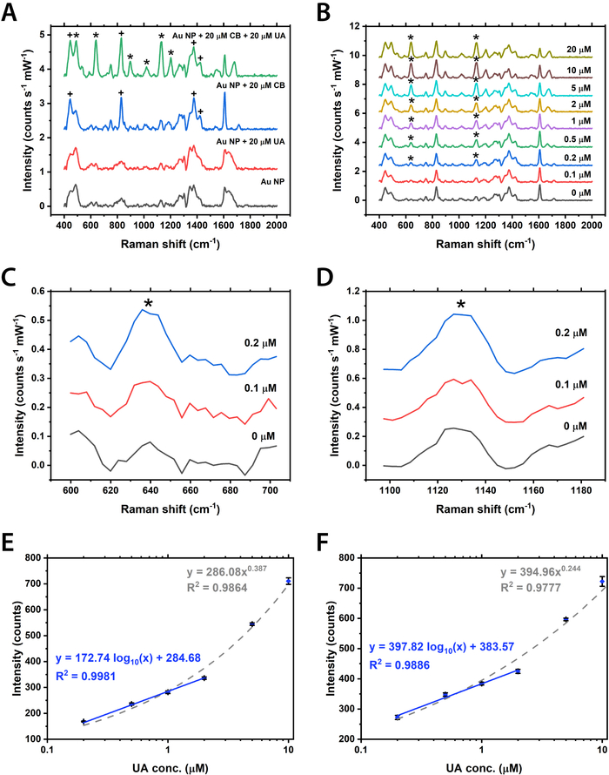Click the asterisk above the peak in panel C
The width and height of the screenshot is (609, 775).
pos(149,303)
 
